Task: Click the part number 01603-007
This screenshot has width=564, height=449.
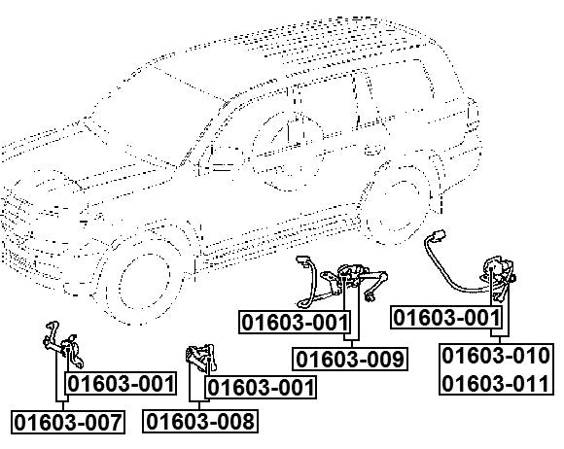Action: click(68, 422)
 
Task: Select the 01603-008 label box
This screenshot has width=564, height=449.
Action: click(200, 421)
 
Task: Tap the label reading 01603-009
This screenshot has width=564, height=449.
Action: click(350, 359)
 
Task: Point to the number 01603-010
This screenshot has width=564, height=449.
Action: click(496, 356)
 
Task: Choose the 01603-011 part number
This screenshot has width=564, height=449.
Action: click(496, 383)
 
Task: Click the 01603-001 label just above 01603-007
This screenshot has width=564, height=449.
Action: click(121, 384)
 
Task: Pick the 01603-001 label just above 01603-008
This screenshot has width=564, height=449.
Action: click(261, 387)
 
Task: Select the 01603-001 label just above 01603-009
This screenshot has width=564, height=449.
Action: click(295, 322)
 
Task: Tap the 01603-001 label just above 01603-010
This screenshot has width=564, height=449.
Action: click(446, 318)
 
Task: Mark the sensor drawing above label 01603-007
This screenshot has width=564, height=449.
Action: click(63, 344)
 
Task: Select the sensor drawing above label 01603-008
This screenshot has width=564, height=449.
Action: click(200, 358)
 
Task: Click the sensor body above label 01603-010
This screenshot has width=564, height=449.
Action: click(499, 278)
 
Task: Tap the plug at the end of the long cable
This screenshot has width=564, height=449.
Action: click(440, 235)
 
